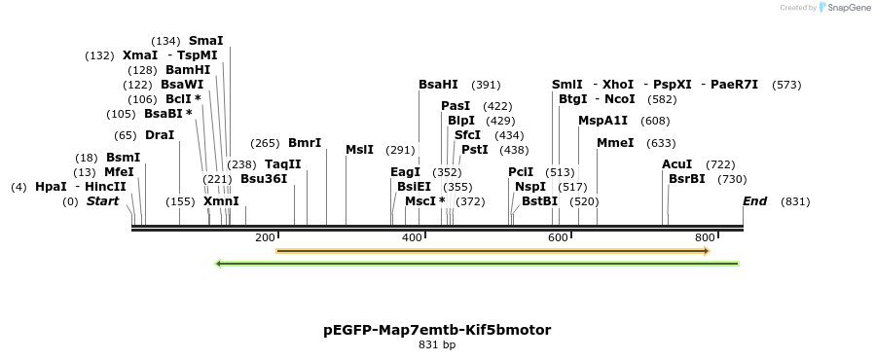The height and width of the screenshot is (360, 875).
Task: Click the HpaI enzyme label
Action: pyautogui.click(x=51, y=187)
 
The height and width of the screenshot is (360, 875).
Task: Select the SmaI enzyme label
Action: pyautogui.click(x=205, y=41)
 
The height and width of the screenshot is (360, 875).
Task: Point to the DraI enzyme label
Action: pyautogui.click(x=159, y=135)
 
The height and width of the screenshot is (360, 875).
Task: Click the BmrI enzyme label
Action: pyautogui.click(x=305, y=143)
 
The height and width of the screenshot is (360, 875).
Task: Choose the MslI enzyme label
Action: pyautogui.click(x=359, y=150)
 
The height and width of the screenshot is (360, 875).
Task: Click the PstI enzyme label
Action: pyautogui.click(x=474, y=150)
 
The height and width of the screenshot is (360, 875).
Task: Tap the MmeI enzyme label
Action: pyautogui.click(x=615, y=143)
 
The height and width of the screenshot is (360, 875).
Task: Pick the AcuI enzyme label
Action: pyautogui.click(x=676, y=164)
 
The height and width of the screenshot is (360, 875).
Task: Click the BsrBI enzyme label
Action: pyautogui.click(x=686, y=179)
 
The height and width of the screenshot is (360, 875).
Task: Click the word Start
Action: pyautogui.click(x=102, y=201)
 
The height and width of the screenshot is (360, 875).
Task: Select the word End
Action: pyautogui.click(x=754, y=201)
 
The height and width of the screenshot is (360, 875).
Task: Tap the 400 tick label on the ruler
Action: pyautogui.click(x=412, y=237)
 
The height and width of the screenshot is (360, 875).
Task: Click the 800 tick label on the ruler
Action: pyautogui.click(x=705, y=237)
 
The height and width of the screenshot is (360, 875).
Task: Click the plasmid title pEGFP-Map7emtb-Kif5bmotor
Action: pyautogui.click(x=437, y=330)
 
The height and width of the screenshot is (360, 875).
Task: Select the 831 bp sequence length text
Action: pyautogui.click(x=437, y=344)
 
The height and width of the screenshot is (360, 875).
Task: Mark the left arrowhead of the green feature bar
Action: pyautogui.click(x=218, y=263)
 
